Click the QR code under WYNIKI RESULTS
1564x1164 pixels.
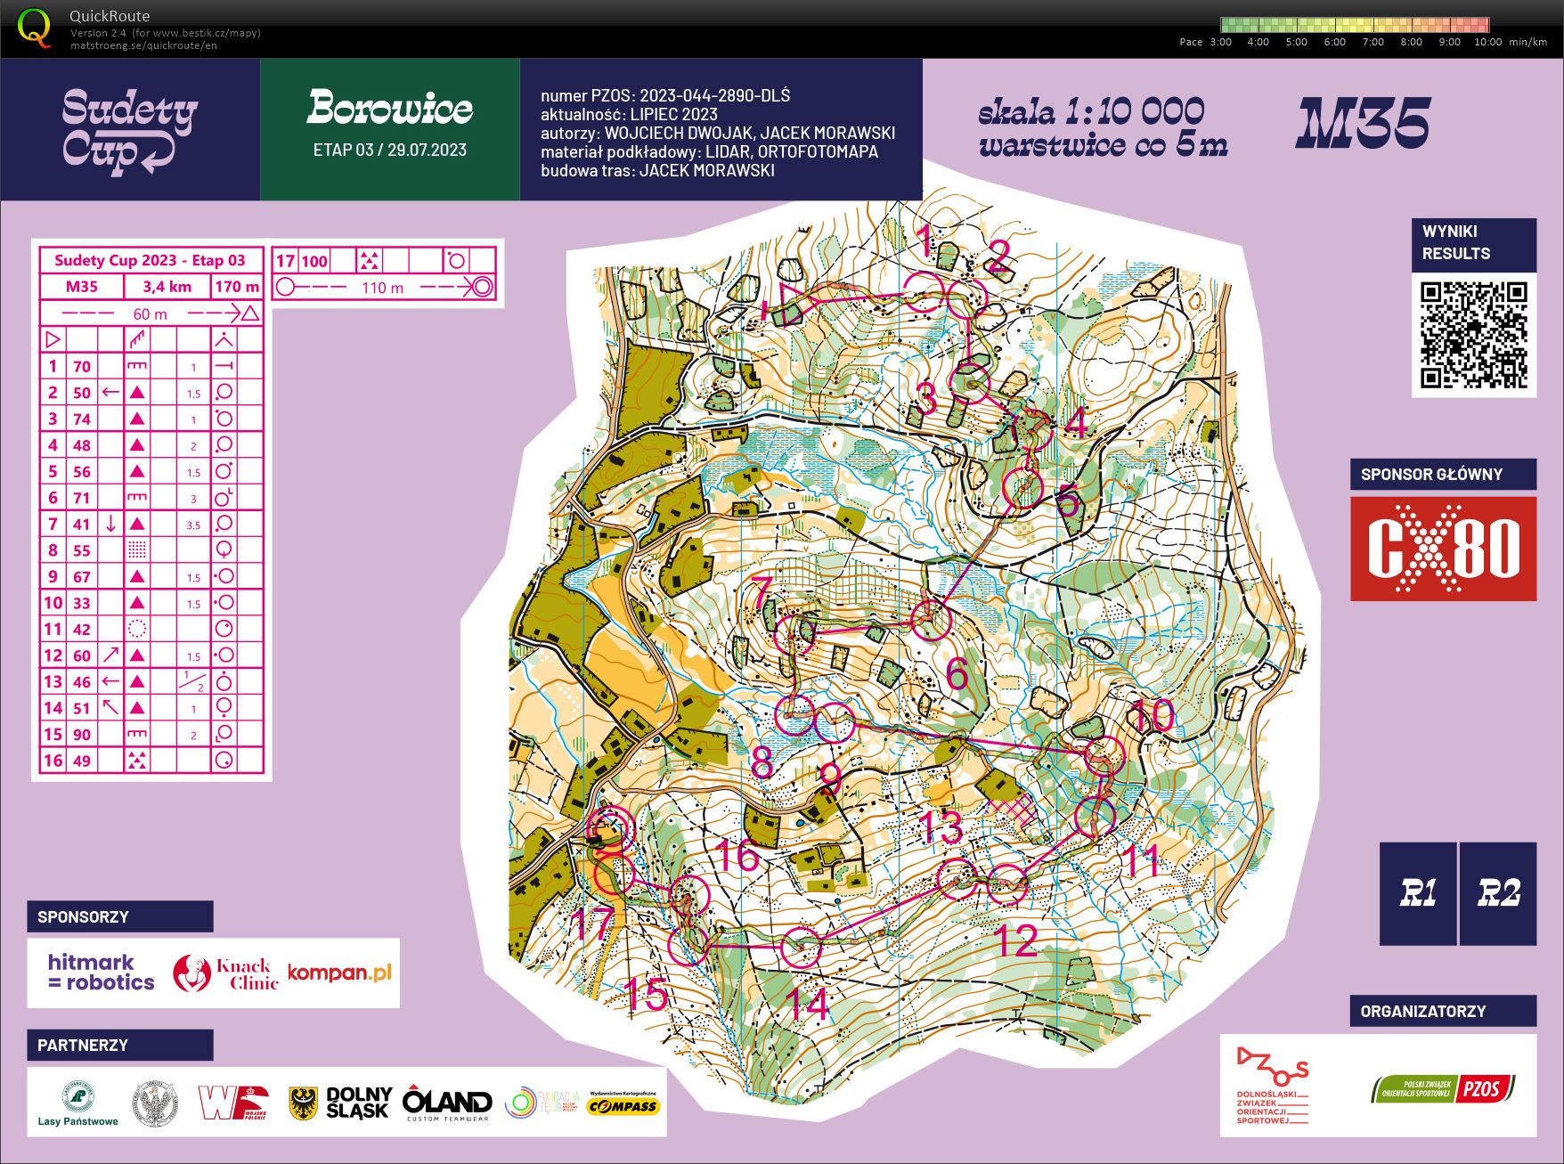tap(1473, 334)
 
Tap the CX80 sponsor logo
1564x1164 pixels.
tap(1443, 549)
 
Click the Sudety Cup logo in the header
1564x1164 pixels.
tap(130, 130)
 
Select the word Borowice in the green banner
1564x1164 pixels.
tap(390, 109)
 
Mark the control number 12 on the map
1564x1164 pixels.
tap(1016, 940)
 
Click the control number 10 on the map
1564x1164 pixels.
tap(1151, 715)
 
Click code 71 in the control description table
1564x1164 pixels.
tap(82, 498)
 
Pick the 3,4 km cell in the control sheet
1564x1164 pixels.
tap(167, 286)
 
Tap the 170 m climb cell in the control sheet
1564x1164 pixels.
tap(237, 286)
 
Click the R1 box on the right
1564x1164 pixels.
tap(1418, 893)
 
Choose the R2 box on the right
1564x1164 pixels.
tap(1498, 893)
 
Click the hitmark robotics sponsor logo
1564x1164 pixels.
tap(101, 973)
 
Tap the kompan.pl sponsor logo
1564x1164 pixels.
tap(339, 973)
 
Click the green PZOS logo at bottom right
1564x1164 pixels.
tap(1443, 1088)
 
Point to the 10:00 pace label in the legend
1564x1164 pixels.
tap(1487, 42)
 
